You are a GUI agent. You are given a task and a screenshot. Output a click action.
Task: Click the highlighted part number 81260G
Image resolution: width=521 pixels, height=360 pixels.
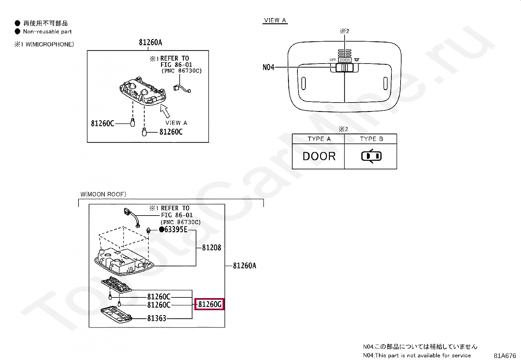pyautogui.click(x=210, y=304)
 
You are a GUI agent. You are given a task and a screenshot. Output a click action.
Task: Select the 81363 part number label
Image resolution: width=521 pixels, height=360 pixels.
pyautogui.click(x=157, y=318)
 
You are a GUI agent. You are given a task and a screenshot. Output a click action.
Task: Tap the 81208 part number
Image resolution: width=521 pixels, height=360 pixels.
pyautogui.click(x=211, y=247)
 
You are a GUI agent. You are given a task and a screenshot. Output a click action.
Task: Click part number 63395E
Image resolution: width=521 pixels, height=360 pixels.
pyautogui.click(x=176, y=229)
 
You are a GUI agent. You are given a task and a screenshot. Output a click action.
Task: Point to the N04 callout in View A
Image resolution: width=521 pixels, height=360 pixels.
pyautogui.click(x=268, y=67)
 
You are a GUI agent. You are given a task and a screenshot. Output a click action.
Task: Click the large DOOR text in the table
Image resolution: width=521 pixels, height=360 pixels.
pyautogui.click(x=319, y=156)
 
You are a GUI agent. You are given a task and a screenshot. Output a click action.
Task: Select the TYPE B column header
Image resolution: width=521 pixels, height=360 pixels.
pyautogui.click(x=371, y=139)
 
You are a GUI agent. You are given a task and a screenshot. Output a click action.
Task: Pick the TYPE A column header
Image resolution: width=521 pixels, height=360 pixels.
pyautogui.click(x=319, y=139)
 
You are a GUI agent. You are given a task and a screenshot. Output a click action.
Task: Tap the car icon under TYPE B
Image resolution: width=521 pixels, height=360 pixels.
pyautogui.click(x=371, y=156)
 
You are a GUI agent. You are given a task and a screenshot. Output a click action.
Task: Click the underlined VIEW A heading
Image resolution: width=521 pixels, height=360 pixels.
pyautogui.click(x=275, y=20)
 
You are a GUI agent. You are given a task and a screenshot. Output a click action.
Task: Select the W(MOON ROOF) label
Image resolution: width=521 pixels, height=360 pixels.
pyautogui.click(x=103, y=194)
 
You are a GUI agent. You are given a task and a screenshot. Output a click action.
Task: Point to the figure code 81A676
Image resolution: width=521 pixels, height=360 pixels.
pyautogui.click(x=505, y=355)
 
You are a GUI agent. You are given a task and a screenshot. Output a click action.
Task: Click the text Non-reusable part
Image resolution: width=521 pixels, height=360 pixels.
pyautogui.click(x=47, y=31)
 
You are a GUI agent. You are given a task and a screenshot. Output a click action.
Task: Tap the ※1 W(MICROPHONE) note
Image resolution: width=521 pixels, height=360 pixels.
pyautogui.click(x=44, y=44)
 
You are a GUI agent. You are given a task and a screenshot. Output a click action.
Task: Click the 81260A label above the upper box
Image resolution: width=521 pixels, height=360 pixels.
pyautogui.click(x=151, y=42)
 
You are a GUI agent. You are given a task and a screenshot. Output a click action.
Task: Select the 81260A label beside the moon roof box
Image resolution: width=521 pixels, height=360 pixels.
pyautogui.click(x=244, y=265)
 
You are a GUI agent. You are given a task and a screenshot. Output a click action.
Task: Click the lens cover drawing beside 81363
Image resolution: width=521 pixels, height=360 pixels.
pyautogui.click(x=116, y=315)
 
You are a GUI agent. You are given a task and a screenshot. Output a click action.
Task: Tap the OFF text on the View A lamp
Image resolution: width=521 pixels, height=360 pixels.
pyautogui.click(x=332, y=60)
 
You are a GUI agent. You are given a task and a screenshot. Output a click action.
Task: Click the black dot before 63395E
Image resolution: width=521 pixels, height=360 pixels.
pyautogui.click(x=161, y=229)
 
